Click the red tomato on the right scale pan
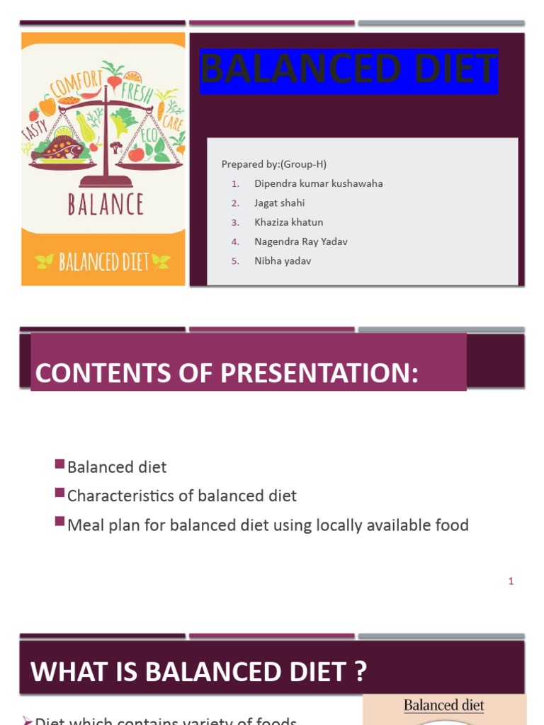pos(137,153)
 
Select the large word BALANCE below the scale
pos(105,204)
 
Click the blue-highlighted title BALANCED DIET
pos(348,71)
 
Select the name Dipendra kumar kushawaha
pos(318,183)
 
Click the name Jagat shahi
pos(279,202)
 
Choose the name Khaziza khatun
pos(288,222)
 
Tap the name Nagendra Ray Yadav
pos(300,241)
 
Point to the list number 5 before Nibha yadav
pos(234,261)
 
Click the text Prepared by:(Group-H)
pos(273,164)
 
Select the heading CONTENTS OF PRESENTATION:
pos(227,373)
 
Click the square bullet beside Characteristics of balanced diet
pos(59,493)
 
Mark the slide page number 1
pos(511,581)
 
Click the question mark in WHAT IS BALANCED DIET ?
pos(361,672)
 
